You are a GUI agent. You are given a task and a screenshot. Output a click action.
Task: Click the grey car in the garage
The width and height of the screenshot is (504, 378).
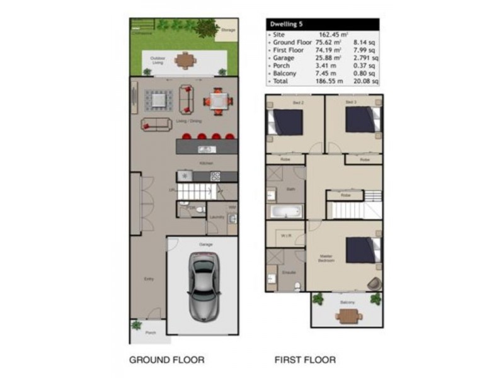pyautogui.click(x=203, y=284)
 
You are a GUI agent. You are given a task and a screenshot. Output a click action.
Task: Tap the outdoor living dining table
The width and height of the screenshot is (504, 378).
pyautogui.click(x=186, y=61)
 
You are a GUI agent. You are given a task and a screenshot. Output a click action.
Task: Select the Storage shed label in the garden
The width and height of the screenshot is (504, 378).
pyautogui.click(x=228, y=30)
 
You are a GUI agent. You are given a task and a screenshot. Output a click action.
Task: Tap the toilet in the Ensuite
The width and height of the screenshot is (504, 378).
pyautogui.click(x=297, y=285)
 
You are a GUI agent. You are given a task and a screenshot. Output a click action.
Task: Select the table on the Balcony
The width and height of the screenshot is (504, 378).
pyautogui.click(x=347, y=316)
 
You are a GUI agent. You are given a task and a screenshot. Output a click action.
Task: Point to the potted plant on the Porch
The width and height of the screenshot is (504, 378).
pyautogui.click(x=137, y=326)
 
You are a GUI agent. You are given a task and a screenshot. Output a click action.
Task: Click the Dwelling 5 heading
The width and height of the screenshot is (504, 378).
pyautogui.click(x=287, y=24)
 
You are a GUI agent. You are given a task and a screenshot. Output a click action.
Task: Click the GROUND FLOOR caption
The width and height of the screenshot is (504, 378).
pyautogui.click(x=166, y=360)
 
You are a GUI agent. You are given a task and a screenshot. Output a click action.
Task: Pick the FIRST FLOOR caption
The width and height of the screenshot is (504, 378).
pyautogui.click(x=304, y=360)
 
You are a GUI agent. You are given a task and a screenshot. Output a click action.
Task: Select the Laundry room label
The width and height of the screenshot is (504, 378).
pyautogui.click(x=217, y=217)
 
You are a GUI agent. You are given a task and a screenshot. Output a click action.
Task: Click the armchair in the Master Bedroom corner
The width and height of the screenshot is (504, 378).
pyautogui.click(x=375, y=283)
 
